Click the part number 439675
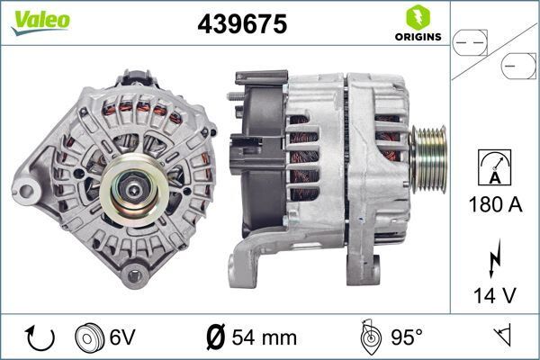[x=241, y=25]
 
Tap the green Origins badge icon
[x=417, y=17]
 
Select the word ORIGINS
[x=417, y=37]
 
